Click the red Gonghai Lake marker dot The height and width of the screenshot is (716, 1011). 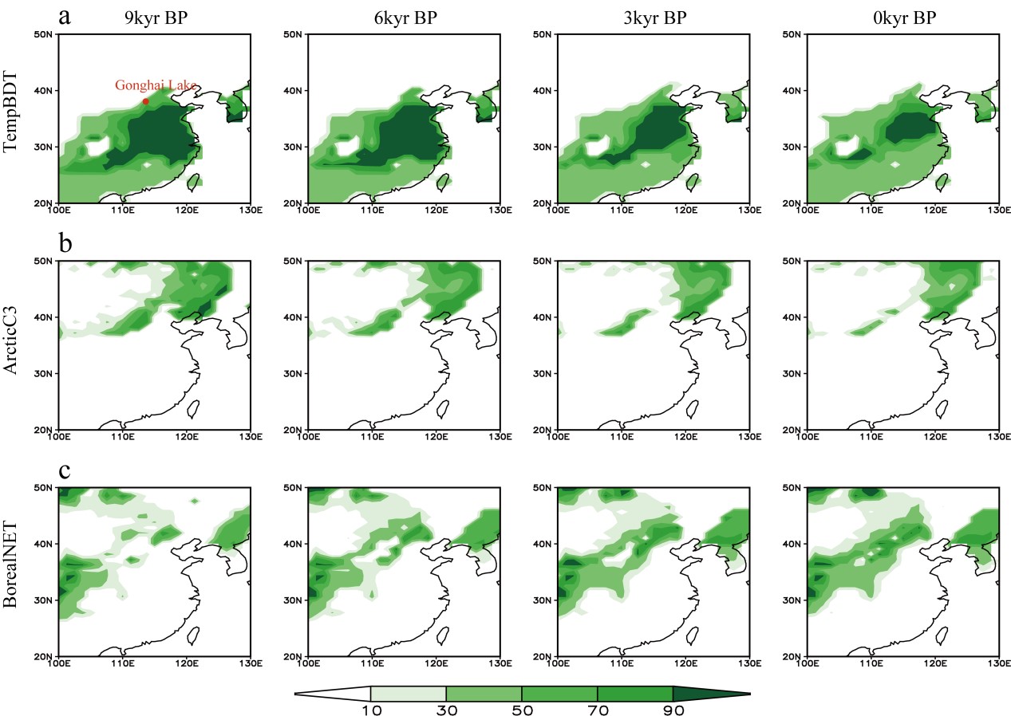click(x=145, y=101)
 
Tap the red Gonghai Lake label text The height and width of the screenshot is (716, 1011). click(x=156, y=85)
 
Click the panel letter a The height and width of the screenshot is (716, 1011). click(x=65, y=15)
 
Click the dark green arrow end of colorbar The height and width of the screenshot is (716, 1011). click(x=710, y=694)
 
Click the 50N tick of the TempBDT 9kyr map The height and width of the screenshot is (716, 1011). click(x=45, y=34)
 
